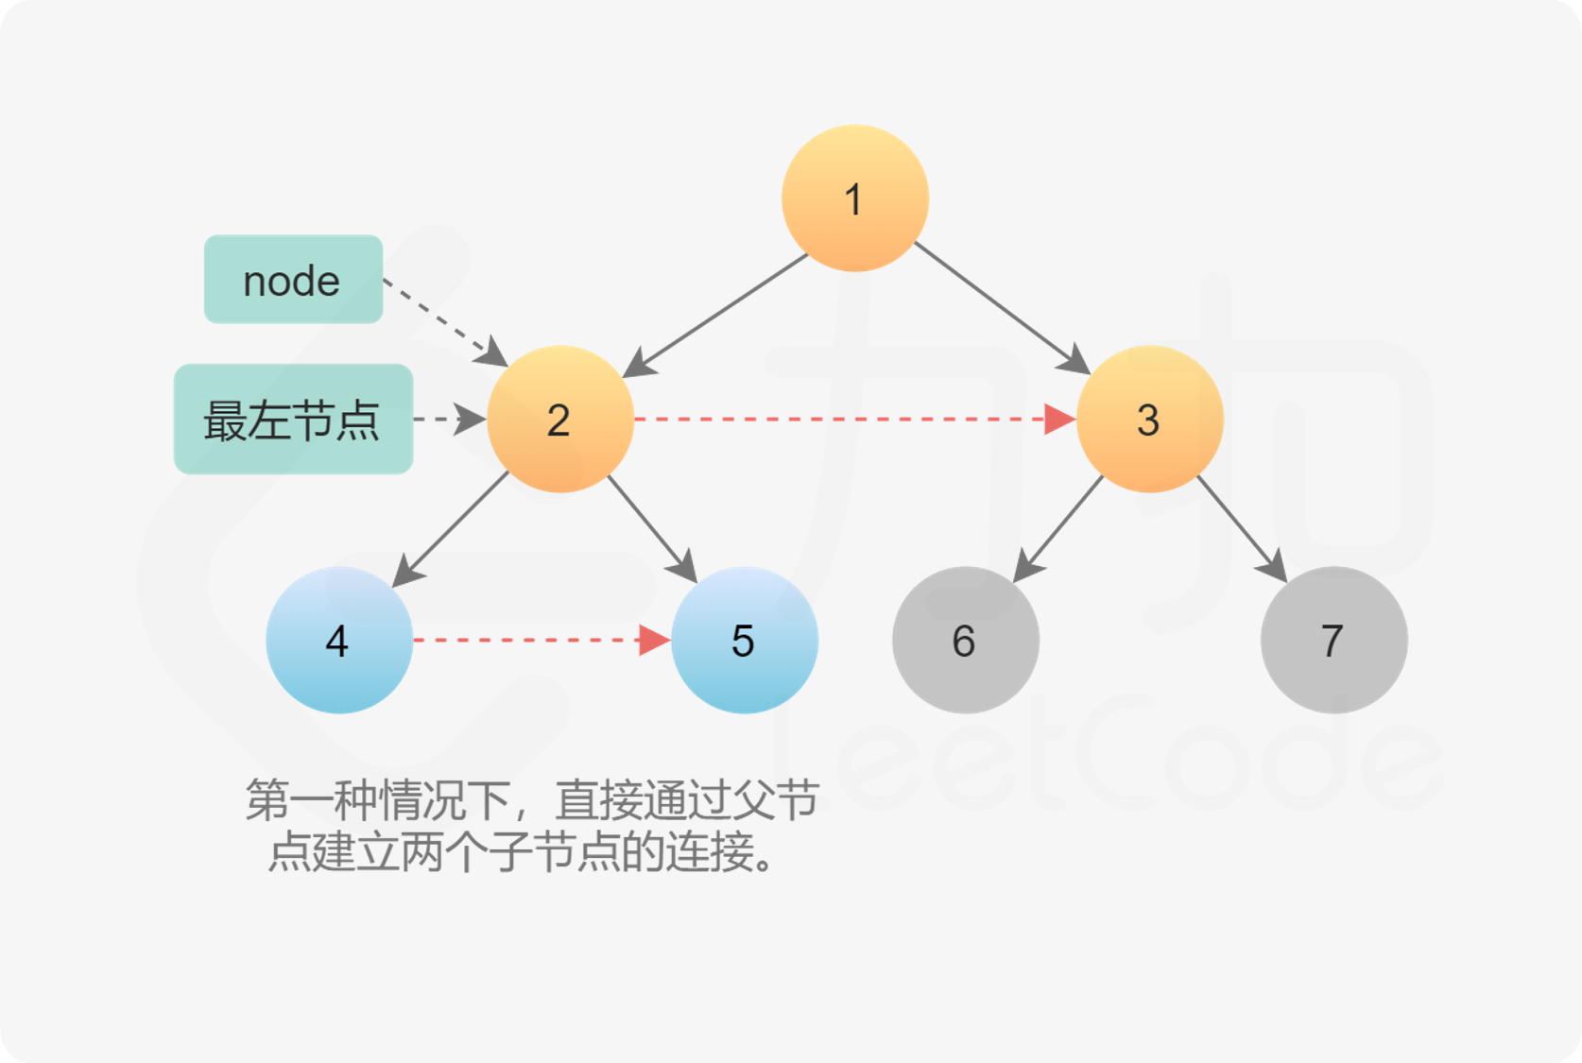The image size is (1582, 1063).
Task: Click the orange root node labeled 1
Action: pos(854,198)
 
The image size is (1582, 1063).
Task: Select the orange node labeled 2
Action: pos(560,419)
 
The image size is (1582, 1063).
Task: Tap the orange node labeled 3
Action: pos(1149,419)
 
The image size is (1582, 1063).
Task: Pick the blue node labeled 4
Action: pos(339,640)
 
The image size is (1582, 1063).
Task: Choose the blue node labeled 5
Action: pos(745,640)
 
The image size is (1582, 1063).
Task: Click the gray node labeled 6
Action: pos(966,640)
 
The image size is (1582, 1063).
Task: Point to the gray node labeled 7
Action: pos(1334,640)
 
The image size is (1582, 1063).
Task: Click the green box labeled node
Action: pos(293,279)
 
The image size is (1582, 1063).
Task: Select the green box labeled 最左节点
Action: pos(293,419)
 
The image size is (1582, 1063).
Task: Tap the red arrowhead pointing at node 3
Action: pos(1059,419)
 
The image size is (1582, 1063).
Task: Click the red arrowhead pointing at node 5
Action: pos(654,640)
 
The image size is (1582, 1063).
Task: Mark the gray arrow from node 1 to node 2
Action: pos(714,316)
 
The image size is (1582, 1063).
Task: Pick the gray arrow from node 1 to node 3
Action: pos(1003,308)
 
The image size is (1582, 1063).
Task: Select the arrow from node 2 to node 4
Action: pos(450,530)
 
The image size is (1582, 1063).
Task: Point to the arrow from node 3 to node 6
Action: pos(1058,530)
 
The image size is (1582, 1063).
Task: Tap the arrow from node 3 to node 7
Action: pos(1243,530)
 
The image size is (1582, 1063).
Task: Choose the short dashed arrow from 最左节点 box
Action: pos(450,419)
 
